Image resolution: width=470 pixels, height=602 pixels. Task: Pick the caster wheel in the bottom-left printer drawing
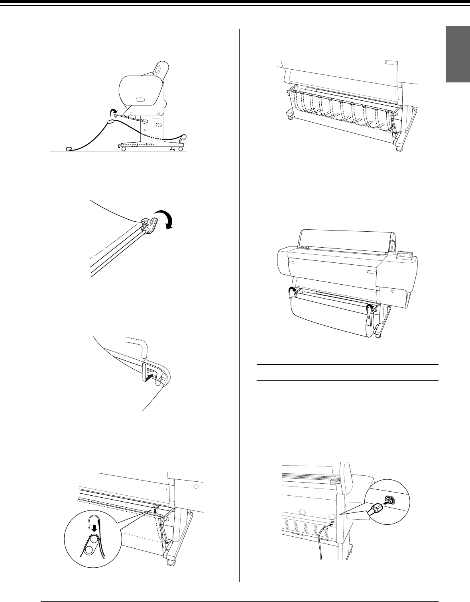(171, 562)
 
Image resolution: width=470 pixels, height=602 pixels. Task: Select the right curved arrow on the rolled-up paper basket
(370, 307)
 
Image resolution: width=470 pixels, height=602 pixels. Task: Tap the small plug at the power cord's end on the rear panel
(326, 527)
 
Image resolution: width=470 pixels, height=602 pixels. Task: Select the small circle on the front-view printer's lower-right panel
(393, 291)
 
